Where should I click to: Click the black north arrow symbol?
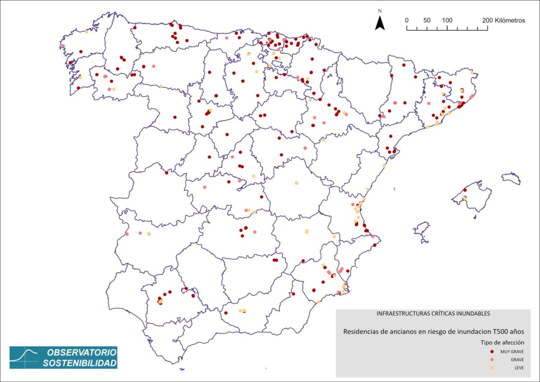(380, 23)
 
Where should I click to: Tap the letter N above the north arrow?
(380, 11)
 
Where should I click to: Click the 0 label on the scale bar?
(407, 20)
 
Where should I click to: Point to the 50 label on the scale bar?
(427, 20)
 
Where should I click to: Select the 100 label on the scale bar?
(447, 20)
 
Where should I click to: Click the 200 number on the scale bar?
(487, 20)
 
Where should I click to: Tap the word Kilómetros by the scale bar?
(510, 20)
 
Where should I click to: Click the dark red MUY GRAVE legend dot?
(492, 352)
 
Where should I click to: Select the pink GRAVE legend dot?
(492, 360)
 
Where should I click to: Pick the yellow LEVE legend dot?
(492, 368)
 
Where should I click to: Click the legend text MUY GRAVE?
(512, 352)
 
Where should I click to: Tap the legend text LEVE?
(519, 368)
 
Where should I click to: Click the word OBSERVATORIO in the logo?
(82, 353)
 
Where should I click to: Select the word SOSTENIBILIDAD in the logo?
(80, 363)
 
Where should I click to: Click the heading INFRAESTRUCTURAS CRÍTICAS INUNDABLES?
(433, 314)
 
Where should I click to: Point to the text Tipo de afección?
(502, 343)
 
